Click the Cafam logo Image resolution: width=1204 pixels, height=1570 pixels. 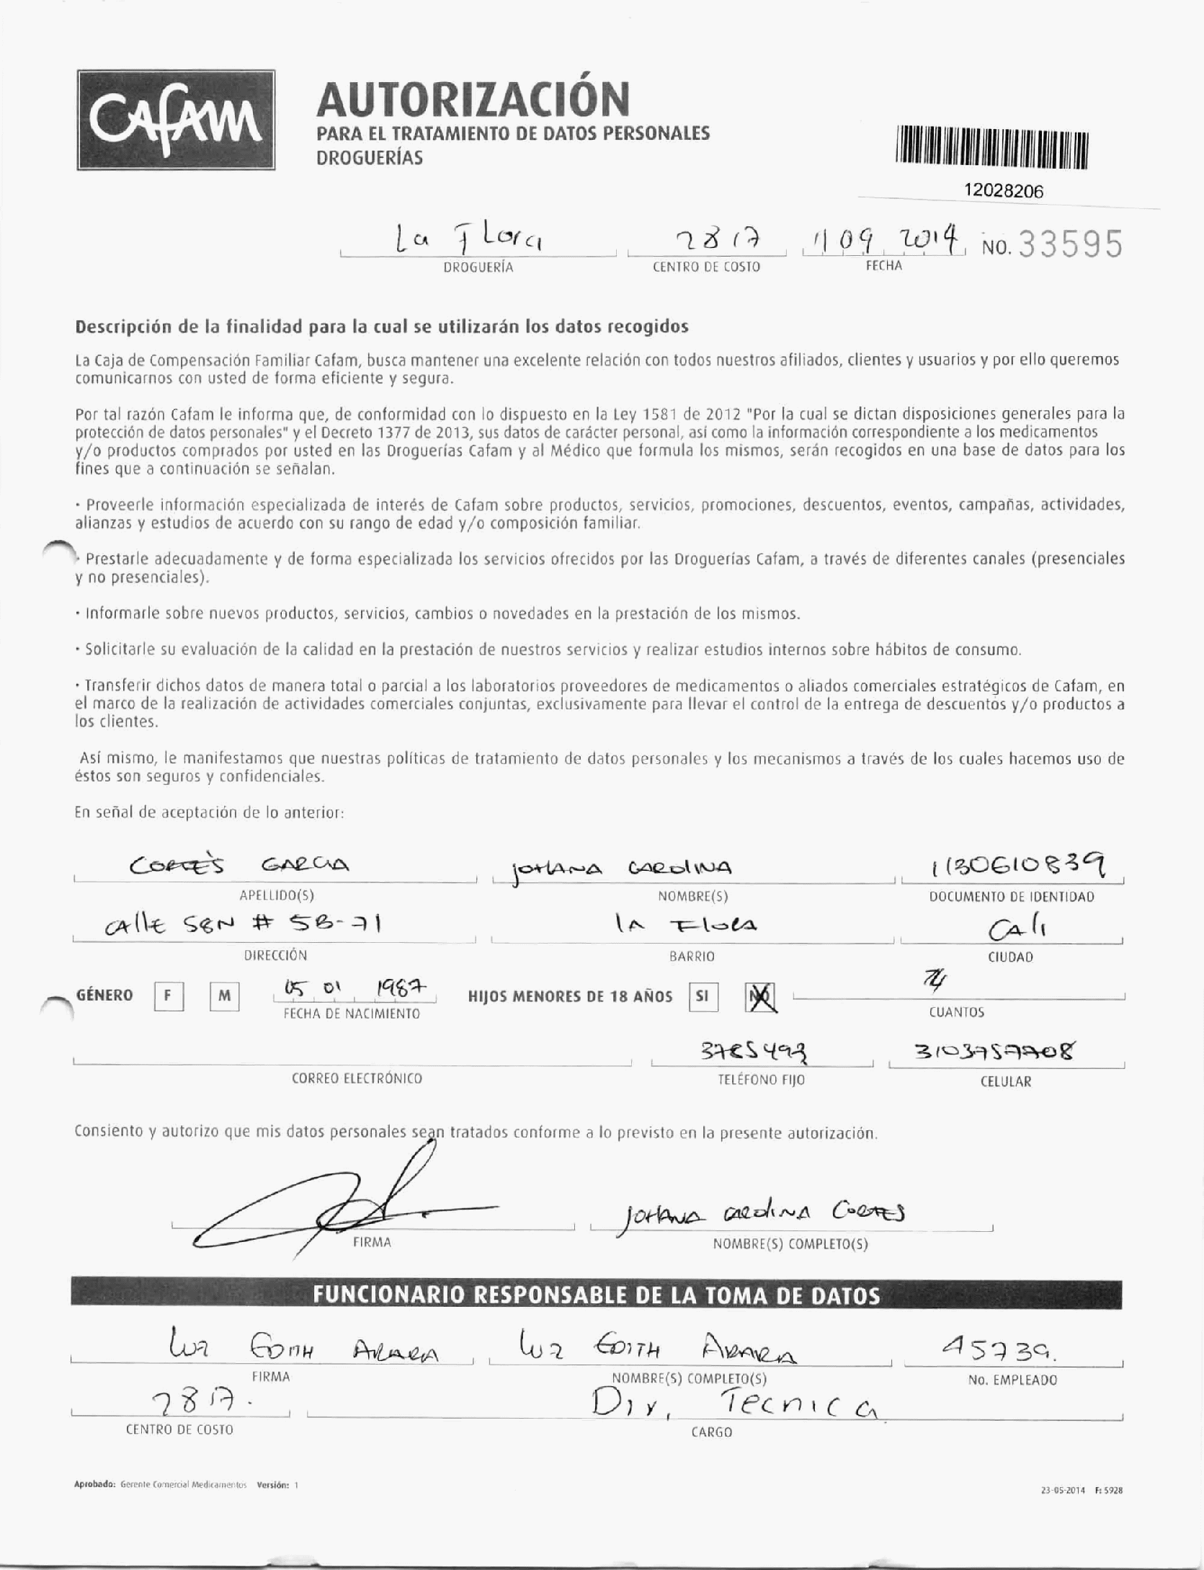[x=177, y=120]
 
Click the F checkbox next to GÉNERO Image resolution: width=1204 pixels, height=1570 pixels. [x=168, y=996]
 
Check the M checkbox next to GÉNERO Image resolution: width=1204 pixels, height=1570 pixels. [x=224, y=996]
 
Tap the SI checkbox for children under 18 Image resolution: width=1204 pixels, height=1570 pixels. [x=703, y=996]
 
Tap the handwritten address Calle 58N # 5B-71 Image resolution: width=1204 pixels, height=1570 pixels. [x=241, y=928]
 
